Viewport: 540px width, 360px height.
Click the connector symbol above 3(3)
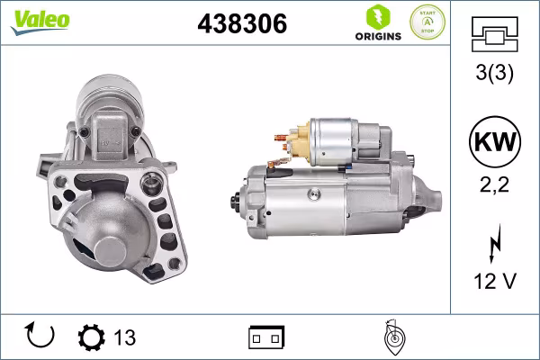point(493,38)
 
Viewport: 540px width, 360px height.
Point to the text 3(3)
point(493,76)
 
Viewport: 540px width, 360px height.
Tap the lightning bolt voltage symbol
point(494,245)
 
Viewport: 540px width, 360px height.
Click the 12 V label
point(493,282)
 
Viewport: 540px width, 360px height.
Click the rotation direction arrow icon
point(41,336)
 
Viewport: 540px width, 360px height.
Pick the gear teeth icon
point(91,337)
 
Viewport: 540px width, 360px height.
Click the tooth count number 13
point(124,337)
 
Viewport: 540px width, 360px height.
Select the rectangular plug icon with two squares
point(266,337)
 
